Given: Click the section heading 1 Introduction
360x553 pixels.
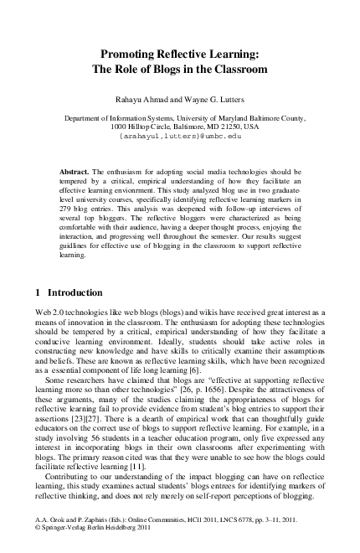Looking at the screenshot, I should pyautogui.click(x=69, y=293).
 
